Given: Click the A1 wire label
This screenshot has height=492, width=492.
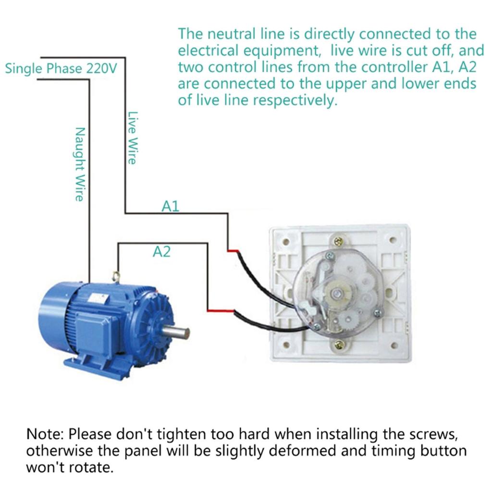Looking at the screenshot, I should click(x=170, y=206).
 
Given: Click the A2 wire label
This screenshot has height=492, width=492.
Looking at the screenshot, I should click(x=161, y=252).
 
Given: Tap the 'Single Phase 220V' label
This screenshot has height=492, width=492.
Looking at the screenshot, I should click(x=61, y=68).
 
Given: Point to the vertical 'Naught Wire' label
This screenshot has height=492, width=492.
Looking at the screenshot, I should click(x=80, y=164).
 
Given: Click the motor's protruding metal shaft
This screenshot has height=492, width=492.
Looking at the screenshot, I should click(x=178, y=332).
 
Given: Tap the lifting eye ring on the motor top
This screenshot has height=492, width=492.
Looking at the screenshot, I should click(x=116, y=275).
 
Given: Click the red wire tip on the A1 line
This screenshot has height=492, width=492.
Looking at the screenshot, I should click(x=234, y=251).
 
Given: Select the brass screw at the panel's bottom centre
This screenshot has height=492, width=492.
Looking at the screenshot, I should click(x=340, y=344).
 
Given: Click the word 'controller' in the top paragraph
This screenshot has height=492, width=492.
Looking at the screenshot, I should click(x=391, y=67).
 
